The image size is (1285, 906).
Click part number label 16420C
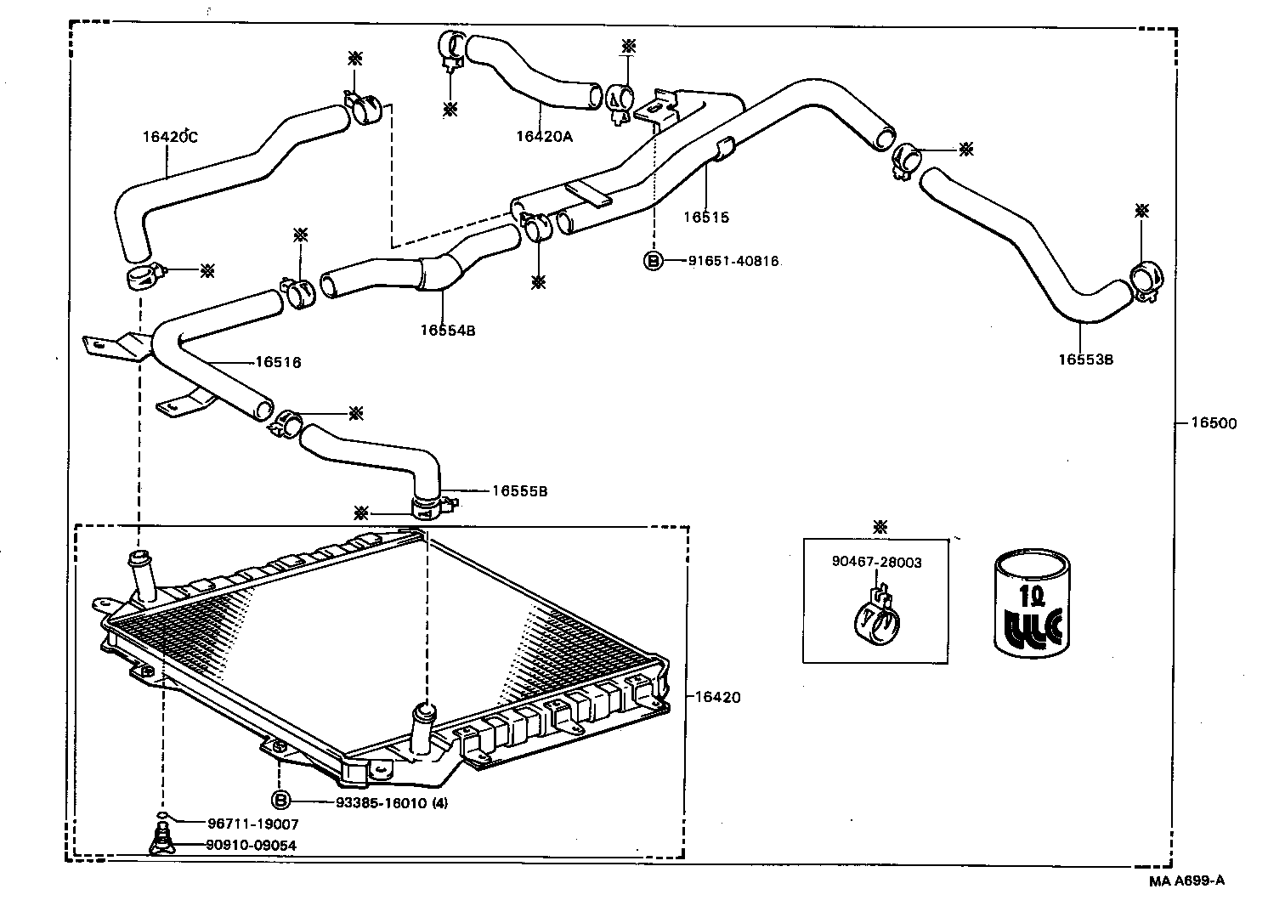coord(169,136)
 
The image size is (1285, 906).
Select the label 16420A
coord(544,136)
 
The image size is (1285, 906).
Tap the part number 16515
coord(705,217)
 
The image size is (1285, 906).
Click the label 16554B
coord(447,331)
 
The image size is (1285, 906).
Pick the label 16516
coord(278,363)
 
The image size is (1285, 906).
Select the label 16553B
coord(1085,360)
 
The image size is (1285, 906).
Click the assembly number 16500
coord(1213,423)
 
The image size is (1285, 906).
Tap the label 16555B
coord(519,491)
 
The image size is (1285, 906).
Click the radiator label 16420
coord(717,698)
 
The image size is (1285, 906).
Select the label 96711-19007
coord(252,824)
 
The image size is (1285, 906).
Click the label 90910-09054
coord(252,845)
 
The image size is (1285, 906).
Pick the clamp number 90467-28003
coord(876,562)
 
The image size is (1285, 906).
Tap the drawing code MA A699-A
coord(1186,881)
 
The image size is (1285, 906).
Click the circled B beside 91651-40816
coord(653,261)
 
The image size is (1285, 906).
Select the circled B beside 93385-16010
coord(280,801)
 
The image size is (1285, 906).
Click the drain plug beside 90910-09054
coord(161,837)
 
